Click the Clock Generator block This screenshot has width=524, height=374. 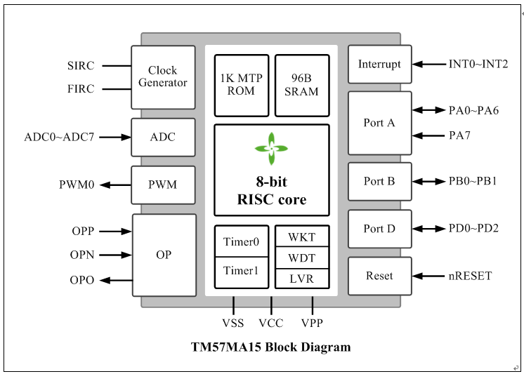click(x=163, y=77)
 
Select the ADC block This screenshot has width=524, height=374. click(x=163, y=137)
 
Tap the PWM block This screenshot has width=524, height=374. click(x=163, y=185)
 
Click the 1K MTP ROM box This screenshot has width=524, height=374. click(x=242, y=86)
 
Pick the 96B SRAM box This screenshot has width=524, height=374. click(x=302, y=86)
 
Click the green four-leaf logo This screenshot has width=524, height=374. click(x=271, y=149)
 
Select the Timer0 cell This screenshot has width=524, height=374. click(x=242, y=241)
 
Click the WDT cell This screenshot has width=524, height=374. click(x=302, y=258)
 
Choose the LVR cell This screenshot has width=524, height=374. click(x=302, y=279)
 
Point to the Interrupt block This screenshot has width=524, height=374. click(x=379, y=64)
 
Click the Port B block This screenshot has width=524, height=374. click(x=379, y=181)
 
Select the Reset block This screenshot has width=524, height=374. click(x=379, y=276)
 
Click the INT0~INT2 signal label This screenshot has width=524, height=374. click(x=478, y=64)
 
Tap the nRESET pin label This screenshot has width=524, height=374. click(x=470, y=276)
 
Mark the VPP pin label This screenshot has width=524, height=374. click(x=312, y=323)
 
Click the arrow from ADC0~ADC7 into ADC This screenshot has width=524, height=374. click(x=115, y=137)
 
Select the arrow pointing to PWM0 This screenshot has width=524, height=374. click(x=115, y=185)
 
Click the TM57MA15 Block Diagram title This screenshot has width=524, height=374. click(x=270, y=347)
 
